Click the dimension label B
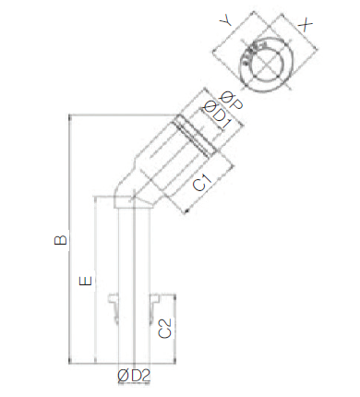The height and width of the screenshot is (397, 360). point(60,240)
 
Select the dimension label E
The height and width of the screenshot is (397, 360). point(86,281)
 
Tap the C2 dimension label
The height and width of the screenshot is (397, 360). point(164,329)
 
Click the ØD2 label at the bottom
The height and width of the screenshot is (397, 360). point(134,376)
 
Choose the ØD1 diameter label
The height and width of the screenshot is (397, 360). point(216,114)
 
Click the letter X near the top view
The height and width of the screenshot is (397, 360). point(306,25)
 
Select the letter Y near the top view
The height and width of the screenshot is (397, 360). point(226,21)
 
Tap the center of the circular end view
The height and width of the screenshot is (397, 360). point(267,64)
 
